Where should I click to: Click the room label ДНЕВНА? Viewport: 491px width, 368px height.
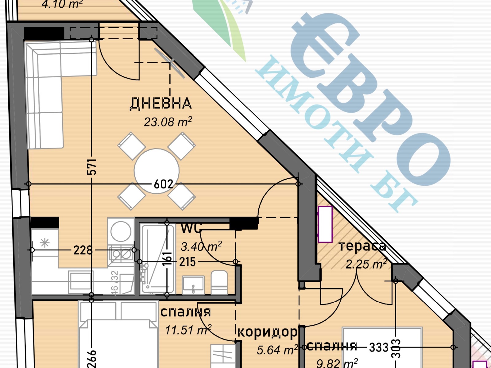(161, 103)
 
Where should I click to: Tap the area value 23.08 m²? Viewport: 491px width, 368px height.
(168, 122)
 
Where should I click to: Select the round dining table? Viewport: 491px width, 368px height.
(157, 171)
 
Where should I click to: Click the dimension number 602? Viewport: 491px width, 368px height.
(164, 184)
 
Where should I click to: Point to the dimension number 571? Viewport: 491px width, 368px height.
(92, 167)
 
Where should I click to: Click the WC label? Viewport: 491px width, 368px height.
(191, 228)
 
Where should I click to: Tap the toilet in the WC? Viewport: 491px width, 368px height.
(219, 282)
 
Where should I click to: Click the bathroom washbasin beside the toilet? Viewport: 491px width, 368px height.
(193, 285)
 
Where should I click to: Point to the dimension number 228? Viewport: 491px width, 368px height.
(83, 250)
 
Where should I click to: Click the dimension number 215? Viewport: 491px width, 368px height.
(188, 262)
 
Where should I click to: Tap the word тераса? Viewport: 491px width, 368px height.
(362, 246)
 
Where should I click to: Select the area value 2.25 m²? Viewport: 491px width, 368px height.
(366, 264)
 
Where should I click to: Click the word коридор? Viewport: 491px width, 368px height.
(268, 332)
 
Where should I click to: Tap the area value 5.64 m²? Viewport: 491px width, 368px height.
(277, 350)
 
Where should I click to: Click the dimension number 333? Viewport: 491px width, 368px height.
(379, 347)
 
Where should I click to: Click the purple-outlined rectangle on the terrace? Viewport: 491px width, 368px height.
(325, 224)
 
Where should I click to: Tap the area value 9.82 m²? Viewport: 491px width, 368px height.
(337, 363)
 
